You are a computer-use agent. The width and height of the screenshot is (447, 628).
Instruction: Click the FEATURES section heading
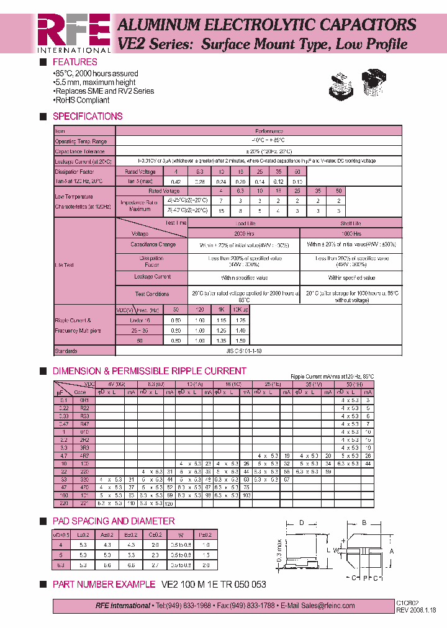click(x=74, y=62)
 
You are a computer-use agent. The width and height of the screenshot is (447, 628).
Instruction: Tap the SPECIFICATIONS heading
click(x=87, y=116)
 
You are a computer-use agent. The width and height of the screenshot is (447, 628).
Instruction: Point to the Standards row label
click(x=66, y=351)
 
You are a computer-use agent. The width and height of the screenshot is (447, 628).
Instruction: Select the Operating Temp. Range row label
click(x=81, y=141)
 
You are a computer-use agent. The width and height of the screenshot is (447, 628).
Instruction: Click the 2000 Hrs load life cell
click(x=243, y=234)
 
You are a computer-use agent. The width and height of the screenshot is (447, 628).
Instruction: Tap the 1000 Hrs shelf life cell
click(x=351, y=234)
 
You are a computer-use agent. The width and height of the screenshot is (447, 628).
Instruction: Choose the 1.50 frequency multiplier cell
click(x=242, y=341)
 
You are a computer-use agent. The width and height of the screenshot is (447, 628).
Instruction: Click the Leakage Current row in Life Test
click(x=152, y=277)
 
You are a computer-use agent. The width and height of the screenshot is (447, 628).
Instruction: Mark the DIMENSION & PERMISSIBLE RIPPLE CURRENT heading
click(x=149, y=371)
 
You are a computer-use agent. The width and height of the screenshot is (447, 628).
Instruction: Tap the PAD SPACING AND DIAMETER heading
click(x=114, y=521)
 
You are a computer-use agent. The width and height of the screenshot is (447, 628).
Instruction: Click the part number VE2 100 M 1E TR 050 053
click(x=214, y=585)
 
